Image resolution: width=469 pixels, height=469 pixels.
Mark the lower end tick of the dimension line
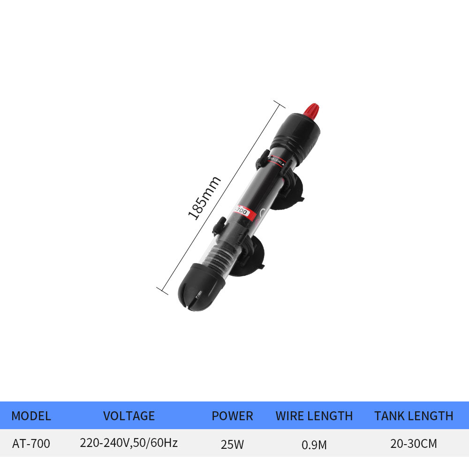(x=162, y=289)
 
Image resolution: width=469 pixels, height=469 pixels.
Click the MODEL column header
(x=31, y=416)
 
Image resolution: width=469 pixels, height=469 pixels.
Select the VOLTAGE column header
(x=129, y=416)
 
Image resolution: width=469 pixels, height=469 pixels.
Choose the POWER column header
(x=232, y=416)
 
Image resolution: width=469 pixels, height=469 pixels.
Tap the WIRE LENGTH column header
(x=314, y=416)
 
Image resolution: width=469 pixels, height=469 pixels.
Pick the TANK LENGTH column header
(x=414, y=416)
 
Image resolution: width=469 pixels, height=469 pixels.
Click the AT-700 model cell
(x=31, y=444)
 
